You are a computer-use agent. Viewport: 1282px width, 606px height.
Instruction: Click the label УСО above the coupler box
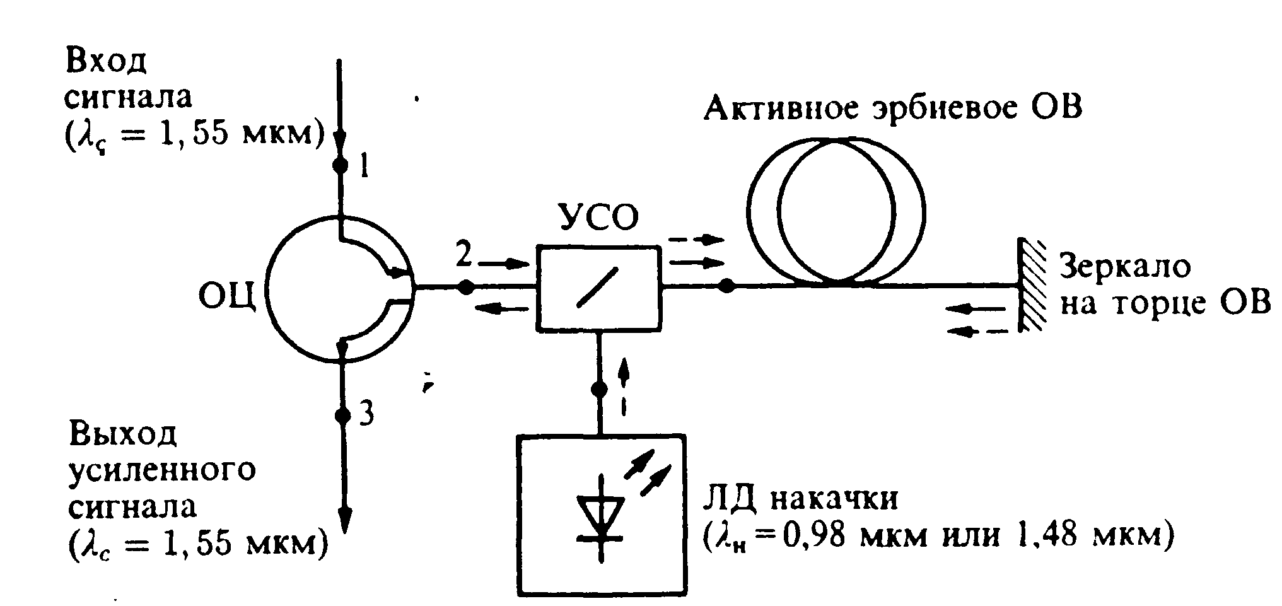coord(598,218)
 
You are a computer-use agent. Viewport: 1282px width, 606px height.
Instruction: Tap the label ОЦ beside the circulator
coord(228,297)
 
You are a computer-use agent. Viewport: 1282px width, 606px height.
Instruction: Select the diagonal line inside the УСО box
coord(597,288)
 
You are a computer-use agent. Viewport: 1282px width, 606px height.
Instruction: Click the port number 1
coord(363,168)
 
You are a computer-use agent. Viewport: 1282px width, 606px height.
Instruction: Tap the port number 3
coord(366,414)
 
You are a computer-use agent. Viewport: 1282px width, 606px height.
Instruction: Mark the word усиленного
coord(162,470)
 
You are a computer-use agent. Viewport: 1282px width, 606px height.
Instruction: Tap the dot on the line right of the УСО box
coord(726,286)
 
